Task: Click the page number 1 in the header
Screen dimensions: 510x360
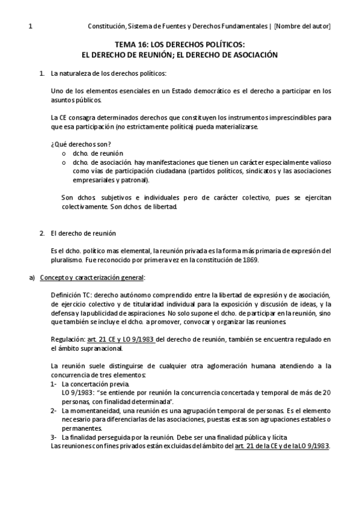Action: click(30, 26)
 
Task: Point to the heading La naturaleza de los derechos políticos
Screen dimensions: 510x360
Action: click(109, 74)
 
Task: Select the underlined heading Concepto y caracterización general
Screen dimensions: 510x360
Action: click(92, 277)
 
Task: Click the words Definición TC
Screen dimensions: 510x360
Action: click(72, 295)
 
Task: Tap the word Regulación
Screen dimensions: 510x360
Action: click(68, 339)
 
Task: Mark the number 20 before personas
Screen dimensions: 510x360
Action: click(327, 392)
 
